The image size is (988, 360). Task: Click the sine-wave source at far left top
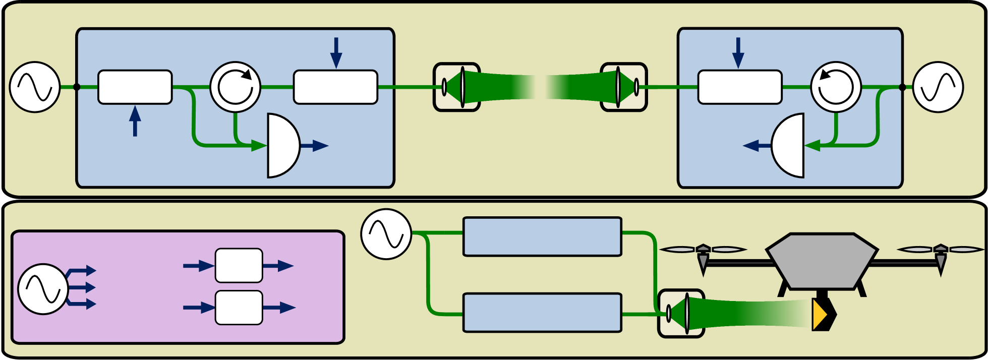click(x=35, y=87)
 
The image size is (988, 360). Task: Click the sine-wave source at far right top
click(x=938, y=87)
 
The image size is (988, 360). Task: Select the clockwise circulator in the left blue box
click(x=235, y=87)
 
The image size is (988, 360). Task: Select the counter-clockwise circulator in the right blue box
click(x=836, y=87)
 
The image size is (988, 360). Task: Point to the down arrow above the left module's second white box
click(x=336, y=52)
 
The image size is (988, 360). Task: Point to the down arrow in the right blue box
click(x=738, y=52)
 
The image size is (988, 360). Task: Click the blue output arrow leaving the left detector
click(x=315, y=146)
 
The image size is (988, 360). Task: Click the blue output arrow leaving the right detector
click(x=757, y=146)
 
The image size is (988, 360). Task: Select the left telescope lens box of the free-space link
click(x=456, y=87)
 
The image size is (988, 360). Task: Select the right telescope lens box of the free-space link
click(x=624, y=87)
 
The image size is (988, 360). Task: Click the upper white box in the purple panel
click(x=239, y=265)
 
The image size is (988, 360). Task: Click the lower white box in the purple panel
click(x=239, y=308)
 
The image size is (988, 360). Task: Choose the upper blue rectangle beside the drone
click(x=542, y=236)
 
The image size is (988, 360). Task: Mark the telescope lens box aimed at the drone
click(x=681, y=313)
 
